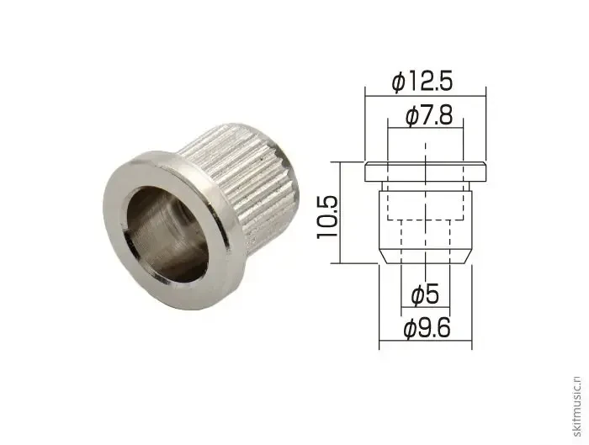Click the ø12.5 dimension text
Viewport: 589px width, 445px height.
(423, 81)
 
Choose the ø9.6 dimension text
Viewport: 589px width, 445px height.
(427, 329)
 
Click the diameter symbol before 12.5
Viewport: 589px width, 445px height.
(400, 82)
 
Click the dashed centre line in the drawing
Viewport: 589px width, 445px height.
(425, 202)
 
